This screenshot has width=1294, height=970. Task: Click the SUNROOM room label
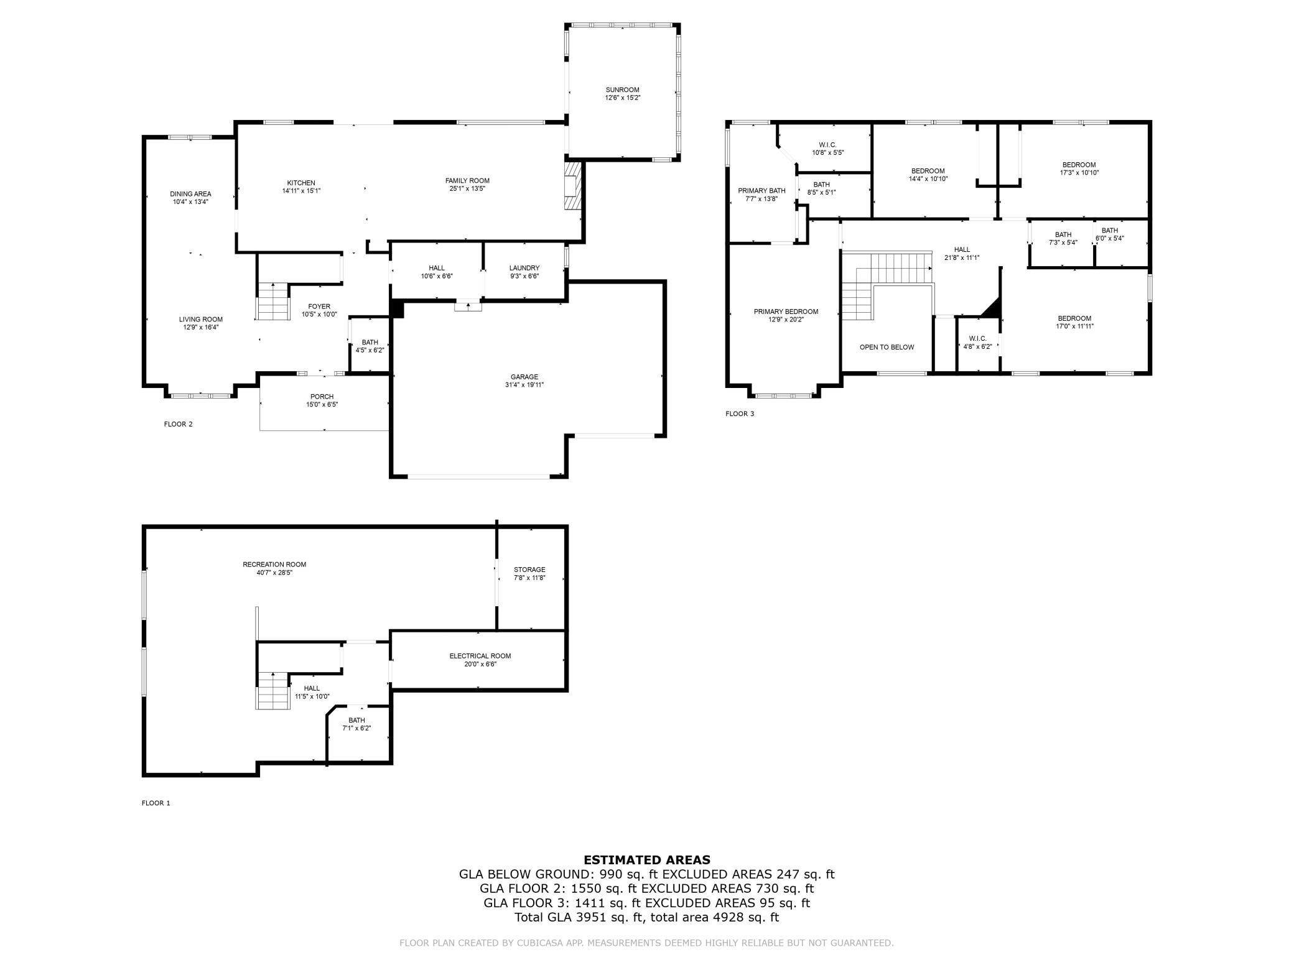[622, 90]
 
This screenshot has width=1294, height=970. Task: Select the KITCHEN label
[301, 183]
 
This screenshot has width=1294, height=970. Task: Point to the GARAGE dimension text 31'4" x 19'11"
[524, 385]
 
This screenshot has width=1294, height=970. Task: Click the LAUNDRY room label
[524, 268]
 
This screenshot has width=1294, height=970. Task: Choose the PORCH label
[322, 397]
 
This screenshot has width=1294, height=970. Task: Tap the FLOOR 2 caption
[179, 424]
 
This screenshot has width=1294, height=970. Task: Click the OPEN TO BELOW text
[887, 347]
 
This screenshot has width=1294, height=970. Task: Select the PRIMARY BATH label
[761, 191]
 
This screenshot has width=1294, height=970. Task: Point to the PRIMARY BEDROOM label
[786, 312]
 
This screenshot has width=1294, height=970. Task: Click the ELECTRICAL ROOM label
[480, 656]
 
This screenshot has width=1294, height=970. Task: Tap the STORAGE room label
[529, 570]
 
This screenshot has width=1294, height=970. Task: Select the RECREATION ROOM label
[274, 565]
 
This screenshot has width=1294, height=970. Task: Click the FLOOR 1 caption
[156, 803]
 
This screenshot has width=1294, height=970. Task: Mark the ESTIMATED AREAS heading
[647, 860]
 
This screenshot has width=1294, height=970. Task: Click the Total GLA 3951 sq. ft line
[647, 917]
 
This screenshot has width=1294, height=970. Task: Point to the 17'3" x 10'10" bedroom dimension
[1079, 173]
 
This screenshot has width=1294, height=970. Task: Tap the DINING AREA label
[190, 194]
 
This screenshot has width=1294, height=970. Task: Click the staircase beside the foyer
[274, 302]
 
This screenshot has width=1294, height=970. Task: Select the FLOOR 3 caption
[740, 413]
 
